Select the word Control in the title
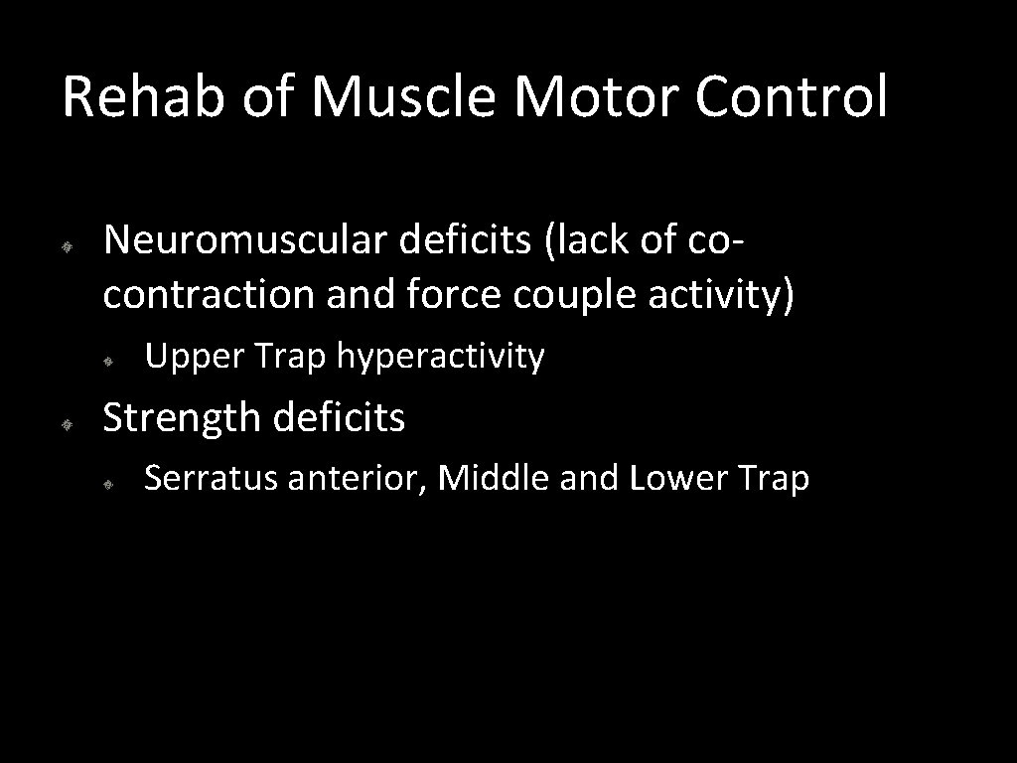791,97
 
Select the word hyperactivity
440,356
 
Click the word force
463,295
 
